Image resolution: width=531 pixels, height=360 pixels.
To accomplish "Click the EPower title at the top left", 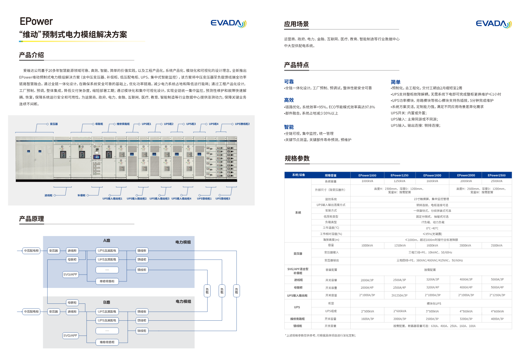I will point(36,22).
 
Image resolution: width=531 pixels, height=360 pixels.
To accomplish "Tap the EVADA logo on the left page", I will point(228,23).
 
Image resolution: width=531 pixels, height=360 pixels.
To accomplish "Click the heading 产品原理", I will point(32,219).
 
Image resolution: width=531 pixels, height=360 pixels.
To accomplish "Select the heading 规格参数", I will point(297,159).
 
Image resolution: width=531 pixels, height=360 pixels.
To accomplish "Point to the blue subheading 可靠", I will point(289,82).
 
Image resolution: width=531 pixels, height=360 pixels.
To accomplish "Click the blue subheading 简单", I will point(395,82).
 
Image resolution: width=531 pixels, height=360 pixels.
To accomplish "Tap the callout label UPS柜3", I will point(191,124).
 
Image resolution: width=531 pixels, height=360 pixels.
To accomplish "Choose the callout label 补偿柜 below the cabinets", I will point(81,195).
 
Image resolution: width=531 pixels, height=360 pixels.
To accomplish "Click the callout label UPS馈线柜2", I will point(242,124).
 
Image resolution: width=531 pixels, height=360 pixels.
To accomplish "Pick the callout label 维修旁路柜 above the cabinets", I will point(123,124).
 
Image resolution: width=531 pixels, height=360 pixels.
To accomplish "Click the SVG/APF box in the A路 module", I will point(70,274).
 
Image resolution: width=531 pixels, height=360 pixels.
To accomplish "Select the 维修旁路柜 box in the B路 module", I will point(107,342).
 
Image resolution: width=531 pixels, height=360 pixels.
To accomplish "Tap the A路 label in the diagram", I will point(107,240).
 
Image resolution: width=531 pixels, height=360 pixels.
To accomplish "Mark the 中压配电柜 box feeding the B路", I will point(31,311).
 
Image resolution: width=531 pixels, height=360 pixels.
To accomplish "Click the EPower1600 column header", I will point(432,175).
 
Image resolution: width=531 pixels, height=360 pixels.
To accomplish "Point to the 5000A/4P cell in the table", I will point(497,287).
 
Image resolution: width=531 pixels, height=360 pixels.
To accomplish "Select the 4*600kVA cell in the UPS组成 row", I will point(497,311).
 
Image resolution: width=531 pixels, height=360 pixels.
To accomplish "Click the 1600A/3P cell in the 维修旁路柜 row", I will point(367,319).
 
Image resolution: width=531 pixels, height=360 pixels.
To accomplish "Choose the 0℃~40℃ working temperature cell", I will point(432,228).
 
